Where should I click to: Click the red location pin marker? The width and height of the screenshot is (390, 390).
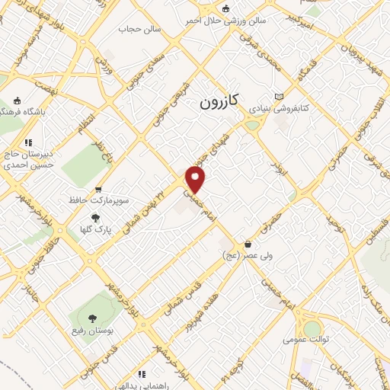pyautogui.click(x=197, y=179)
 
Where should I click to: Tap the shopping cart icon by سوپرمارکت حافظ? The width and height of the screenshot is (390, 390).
pyautogui.click(x=97, y=189)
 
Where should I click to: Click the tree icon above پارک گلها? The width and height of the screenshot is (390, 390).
pyautogui.click(x=94, y=217)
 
